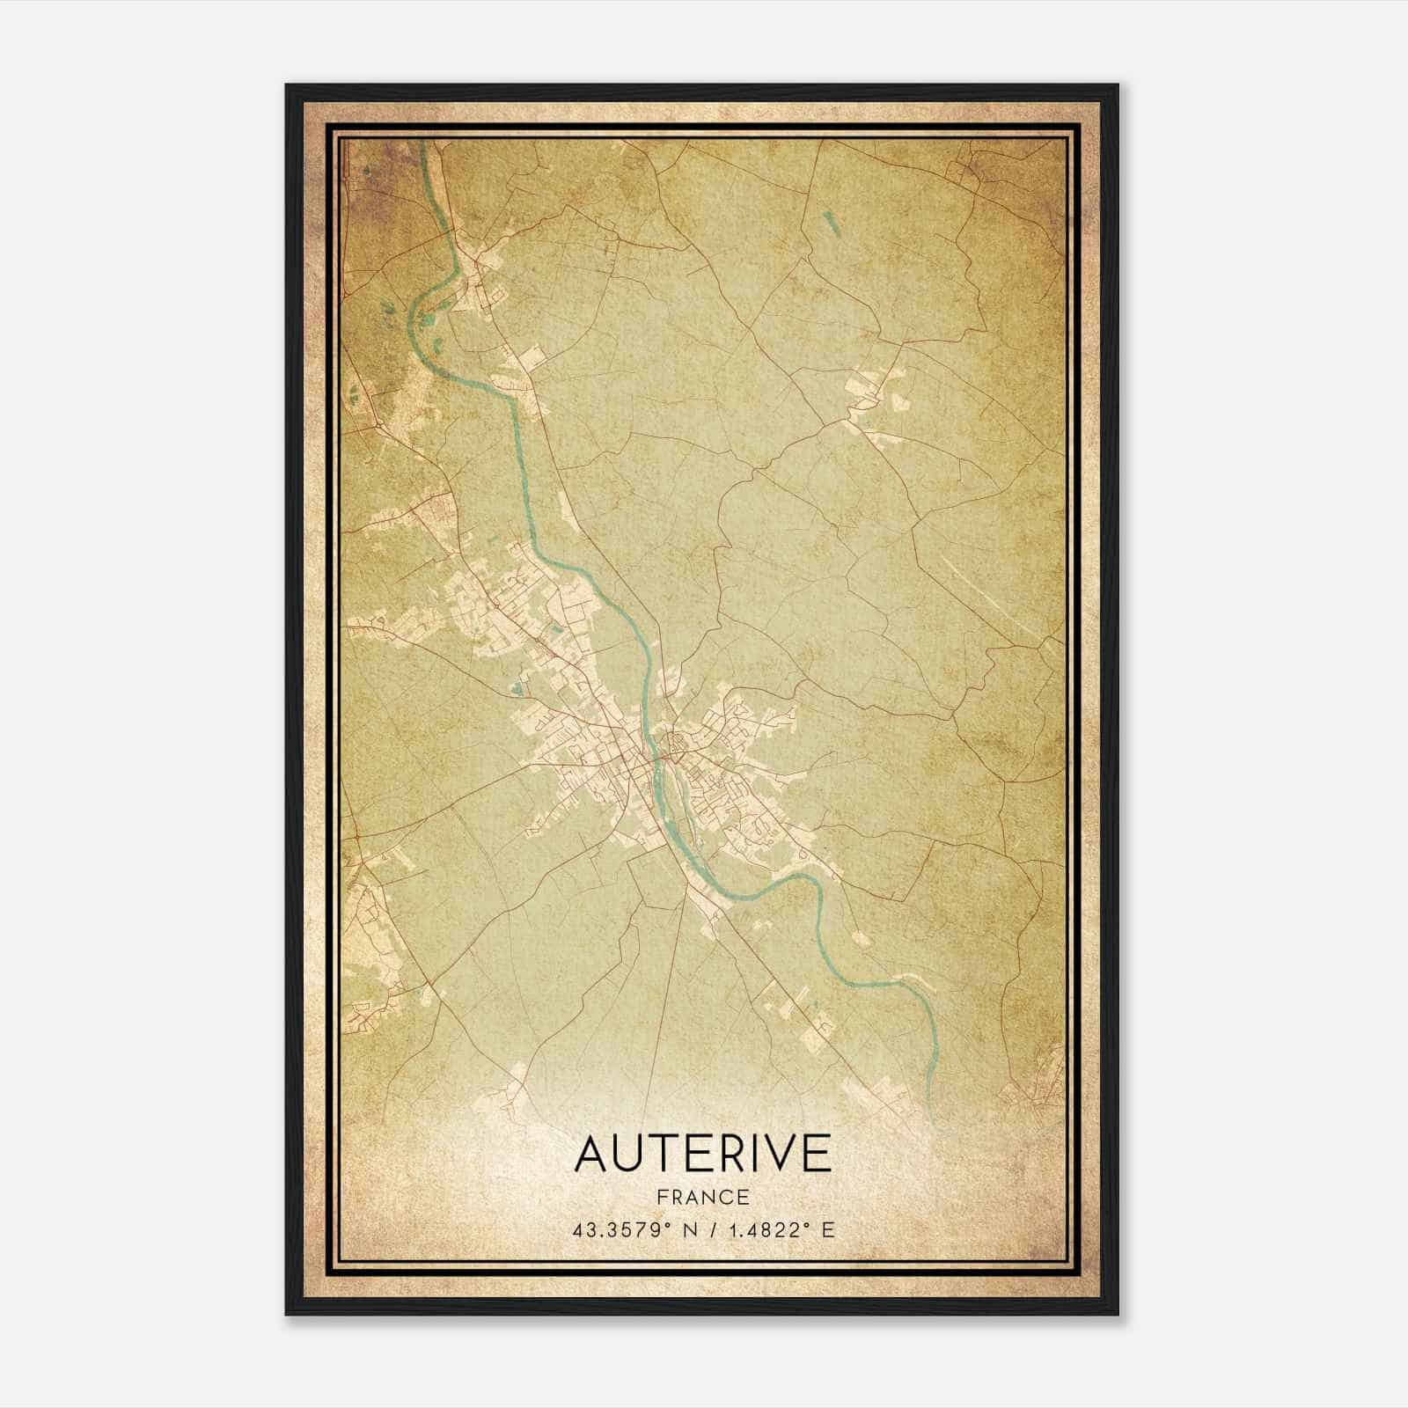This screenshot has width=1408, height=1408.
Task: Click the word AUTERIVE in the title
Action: [702, 1154]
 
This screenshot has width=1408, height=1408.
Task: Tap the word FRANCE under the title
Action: [702, 1198]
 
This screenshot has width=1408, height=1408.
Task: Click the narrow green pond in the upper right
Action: [831, 228]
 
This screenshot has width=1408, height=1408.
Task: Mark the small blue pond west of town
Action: [514, 689]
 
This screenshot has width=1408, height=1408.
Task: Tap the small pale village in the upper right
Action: [867, 392]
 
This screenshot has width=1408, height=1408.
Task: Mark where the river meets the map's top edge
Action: [425, 143]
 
